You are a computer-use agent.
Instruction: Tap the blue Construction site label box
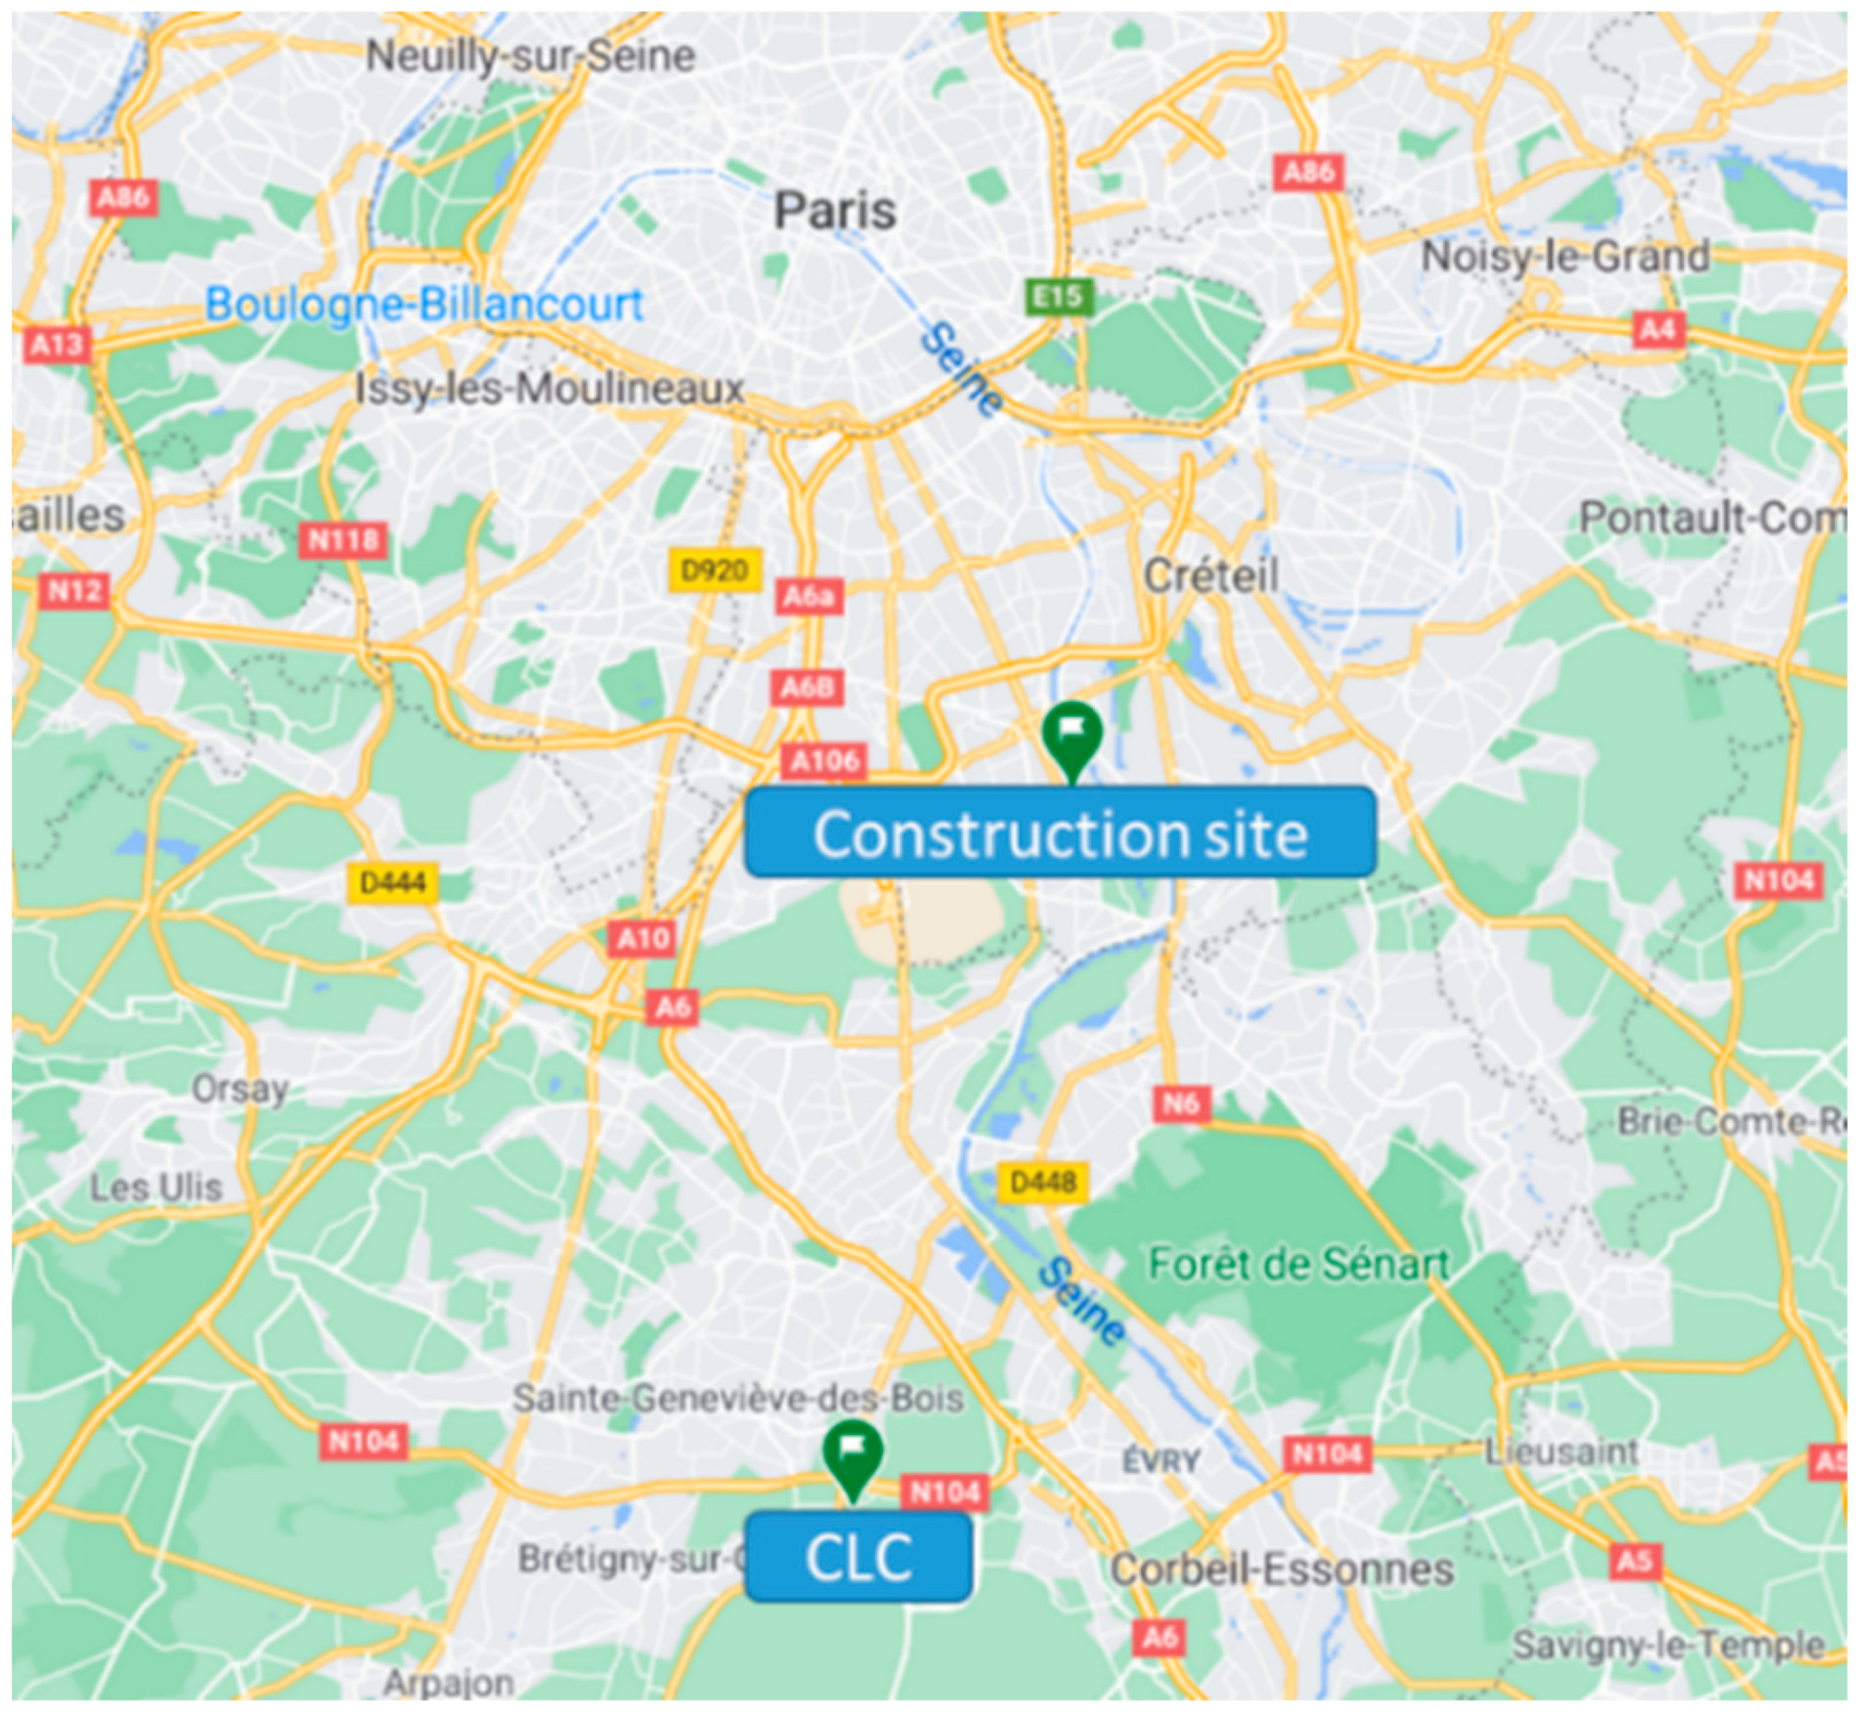click(1060, 833)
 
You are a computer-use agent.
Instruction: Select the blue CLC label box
click(858, 1557)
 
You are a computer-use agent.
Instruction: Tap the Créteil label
click(1211, 575)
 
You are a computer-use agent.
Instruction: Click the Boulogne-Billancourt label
click(424, 304)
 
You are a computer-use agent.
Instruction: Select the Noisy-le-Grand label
click(1566, 255)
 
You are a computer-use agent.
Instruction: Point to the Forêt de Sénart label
click(1298, 1264)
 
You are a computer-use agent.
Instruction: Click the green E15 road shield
click(1059, 296)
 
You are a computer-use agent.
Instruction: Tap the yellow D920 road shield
click(714, 569)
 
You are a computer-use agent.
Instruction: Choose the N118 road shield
click(343, 540)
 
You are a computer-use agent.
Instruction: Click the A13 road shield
click(57, 345)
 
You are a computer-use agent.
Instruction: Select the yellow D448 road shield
click(1043, 1182)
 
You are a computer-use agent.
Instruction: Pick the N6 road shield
click(1182, 1104)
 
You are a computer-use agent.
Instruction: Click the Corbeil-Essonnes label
click(1282, 1570)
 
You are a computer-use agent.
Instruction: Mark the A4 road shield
click(1657, 329)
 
